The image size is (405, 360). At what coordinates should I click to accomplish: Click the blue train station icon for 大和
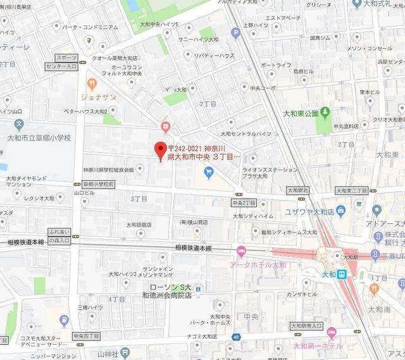click(x=341, y=274)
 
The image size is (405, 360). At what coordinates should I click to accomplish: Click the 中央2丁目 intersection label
click(x=244, y=203)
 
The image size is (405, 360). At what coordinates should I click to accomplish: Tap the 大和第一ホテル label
click(x=316, y=346)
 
